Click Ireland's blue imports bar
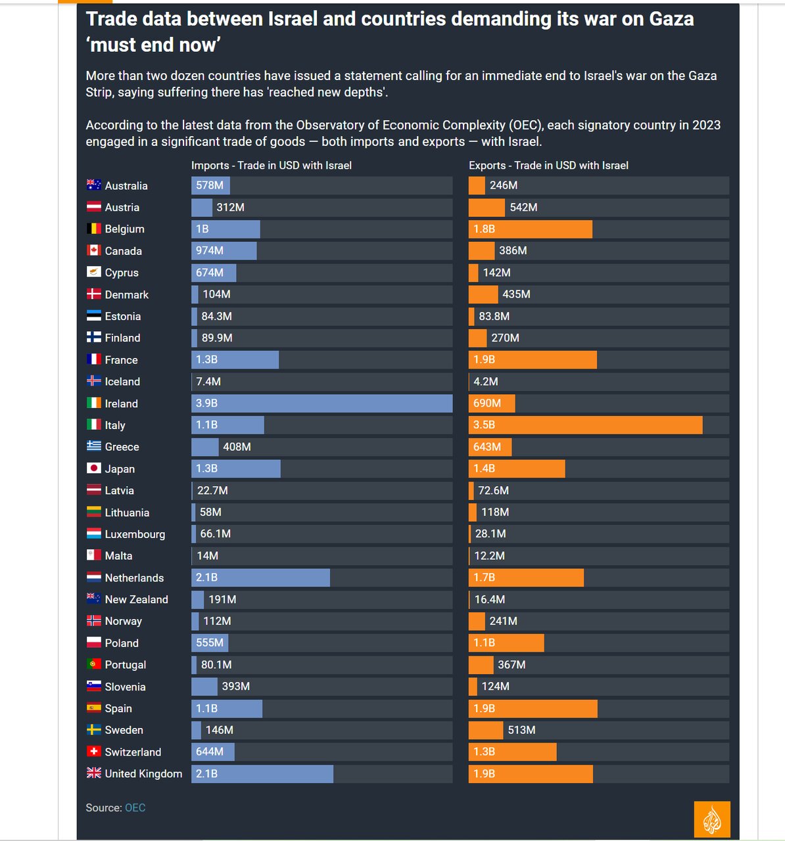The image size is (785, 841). coord(321,403)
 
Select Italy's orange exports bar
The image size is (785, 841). coord(585,425)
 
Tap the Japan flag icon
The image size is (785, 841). coord(94,468)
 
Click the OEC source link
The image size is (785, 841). coord(135,807)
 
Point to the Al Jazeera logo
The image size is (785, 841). coord(712,819)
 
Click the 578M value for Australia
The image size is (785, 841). coord(210,185)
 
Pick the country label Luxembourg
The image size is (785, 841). coord(135,534)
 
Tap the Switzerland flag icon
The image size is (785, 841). coord(94,752)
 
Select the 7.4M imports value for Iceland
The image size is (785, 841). coord(208,382)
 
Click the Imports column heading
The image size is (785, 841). coord(271,166)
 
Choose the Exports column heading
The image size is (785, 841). coord(548,166)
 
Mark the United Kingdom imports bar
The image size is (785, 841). coord(262,774)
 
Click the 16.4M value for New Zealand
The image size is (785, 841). coord(490,599)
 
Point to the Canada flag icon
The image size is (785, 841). coord(94,250)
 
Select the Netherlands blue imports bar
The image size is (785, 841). coord(260,578)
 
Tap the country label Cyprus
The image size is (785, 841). coord(122,273)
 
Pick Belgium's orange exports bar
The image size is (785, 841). coord(530,229)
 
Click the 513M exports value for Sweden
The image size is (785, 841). coord(521,730)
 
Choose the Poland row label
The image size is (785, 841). coord(122,643)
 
